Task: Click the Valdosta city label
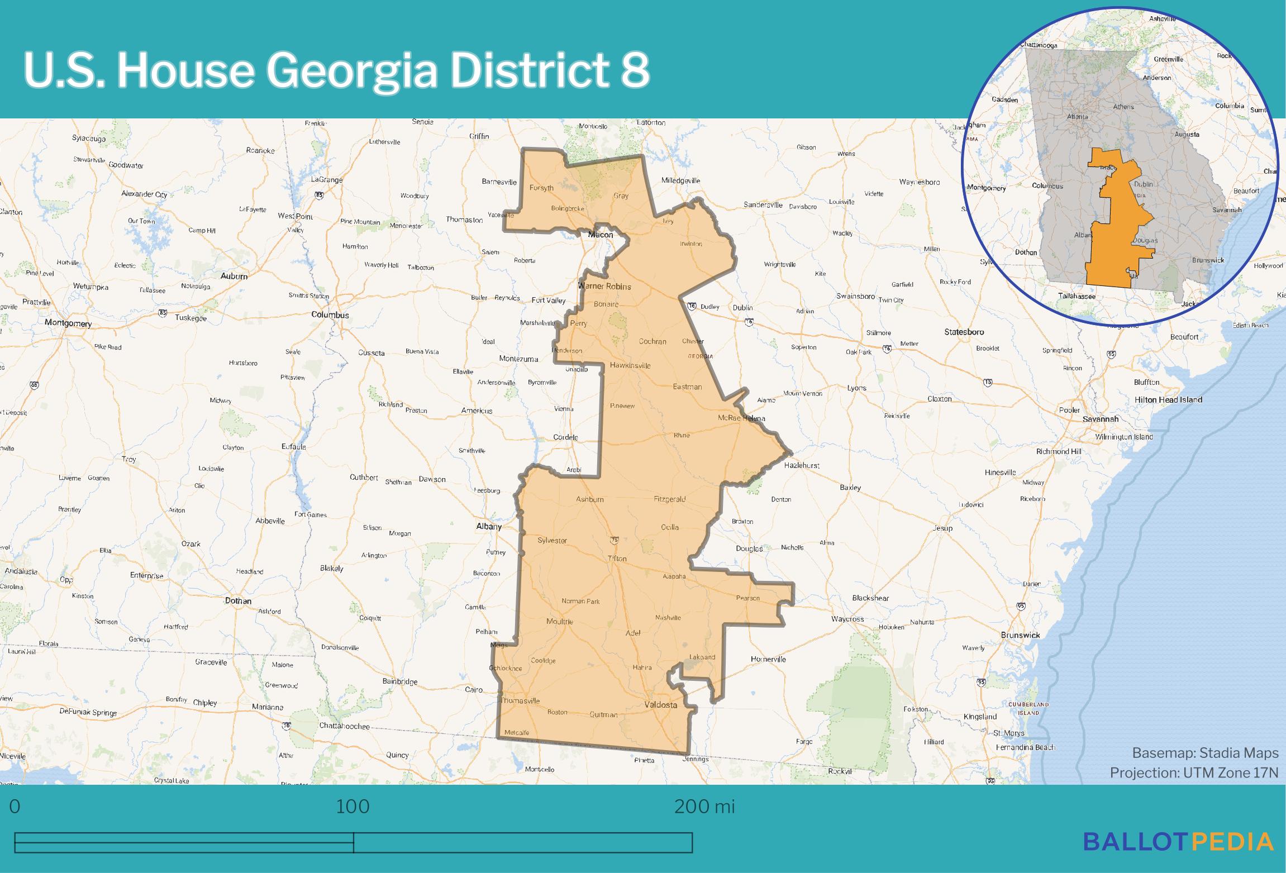(x=661, y=705)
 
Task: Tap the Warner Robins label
(x=604, y=287)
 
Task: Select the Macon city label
(x=601, y=235)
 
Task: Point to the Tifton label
(x=617, y=559)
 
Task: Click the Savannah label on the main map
(x=1100, y=419)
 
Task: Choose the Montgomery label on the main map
(x=68, y=323)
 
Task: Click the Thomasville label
(x=520, y=700)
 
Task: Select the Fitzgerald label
(x=669, y=499)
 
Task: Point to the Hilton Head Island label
(x=1168, y=400)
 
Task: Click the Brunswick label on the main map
(x=1020, y=635)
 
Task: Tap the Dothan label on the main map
(x=237, y=601)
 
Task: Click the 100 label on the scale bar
(x=353, y=807)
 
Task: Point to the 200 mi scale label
(x=704, y=807)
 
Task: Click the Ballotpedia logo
(x=1178, y=841)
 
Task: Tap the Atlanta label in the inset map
(x=1078, y=117)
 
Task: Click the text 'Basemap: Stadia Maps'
(x=1205, y=753)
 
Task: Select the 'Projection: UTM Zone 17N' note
(x=1194, y=772)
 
